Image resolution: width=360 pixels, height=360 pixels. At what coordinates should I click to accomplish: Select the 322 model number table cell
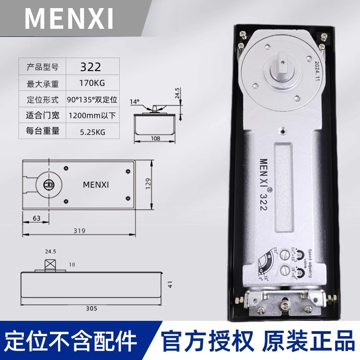pyautogui.click(x=90, y=67)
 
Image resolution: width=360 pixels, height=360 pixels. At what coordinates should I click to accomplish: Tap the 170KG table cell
pyautogui.click(x=90, y=83)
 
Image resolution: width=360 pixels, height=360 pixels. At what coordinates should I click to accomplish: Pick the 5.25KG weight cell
pyautogui.click(x=90, y=132)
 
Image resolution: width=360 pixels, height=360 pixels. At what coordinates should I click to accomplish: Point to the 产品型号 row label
pyautogui.click(x=43, y=67)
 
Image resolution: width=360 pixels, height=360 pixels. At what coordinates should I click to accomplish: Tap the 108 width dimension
pyautogui.click(x=156, y=139)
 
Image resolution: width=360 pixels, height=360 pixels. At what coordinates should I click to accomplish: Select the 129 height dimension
pyautogui.click(x=149, y=184)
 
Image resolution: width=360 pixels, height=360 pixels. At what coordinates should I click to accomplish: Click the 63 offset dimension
pyautogui.click(x=36, y=218)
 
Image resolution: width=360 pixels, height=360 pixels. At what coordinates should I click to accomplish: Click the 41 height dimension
pyautogui.click(x=170, y=284)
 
